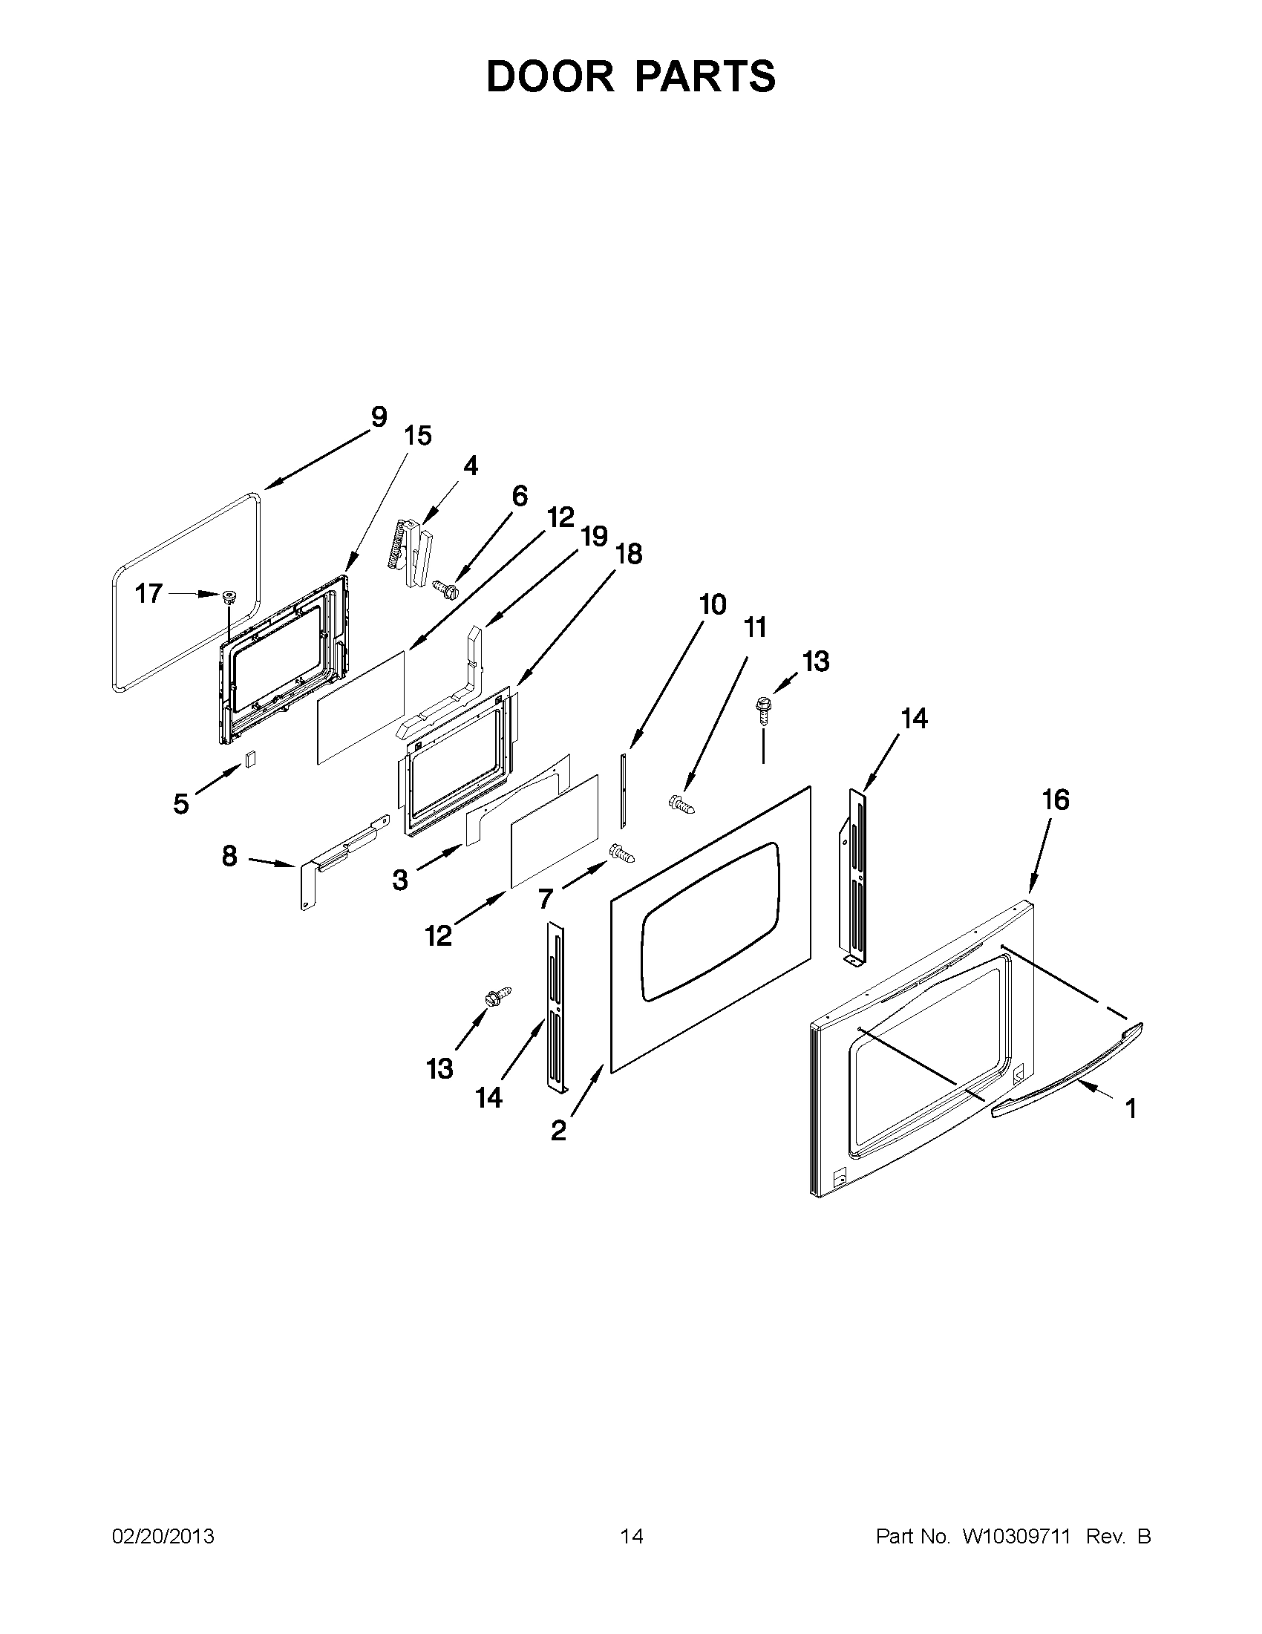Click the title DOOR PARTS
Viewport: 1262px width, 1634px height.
[x=630, y=76]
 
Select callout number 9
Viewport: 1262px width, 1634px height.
[x=379, y=416]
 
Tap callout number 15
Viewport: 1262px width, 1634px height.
[x=417, y=436]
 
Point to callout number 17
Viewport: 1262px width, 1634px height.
[x=148, y=593]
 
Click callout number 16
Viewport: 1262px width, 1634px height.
[x=1056, y=800]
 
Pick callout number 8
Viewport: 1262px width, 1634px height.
[x=229, y=855]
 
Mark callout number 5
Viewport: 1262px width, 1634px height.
[x=180, y=804]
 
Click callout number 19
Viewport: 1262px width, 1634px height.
[x=594, y=537]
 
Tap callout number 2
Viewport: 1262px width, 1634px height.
[x=558, y=1131]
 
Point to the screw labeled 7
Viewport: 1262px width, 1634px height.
[x=621, y=853]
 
